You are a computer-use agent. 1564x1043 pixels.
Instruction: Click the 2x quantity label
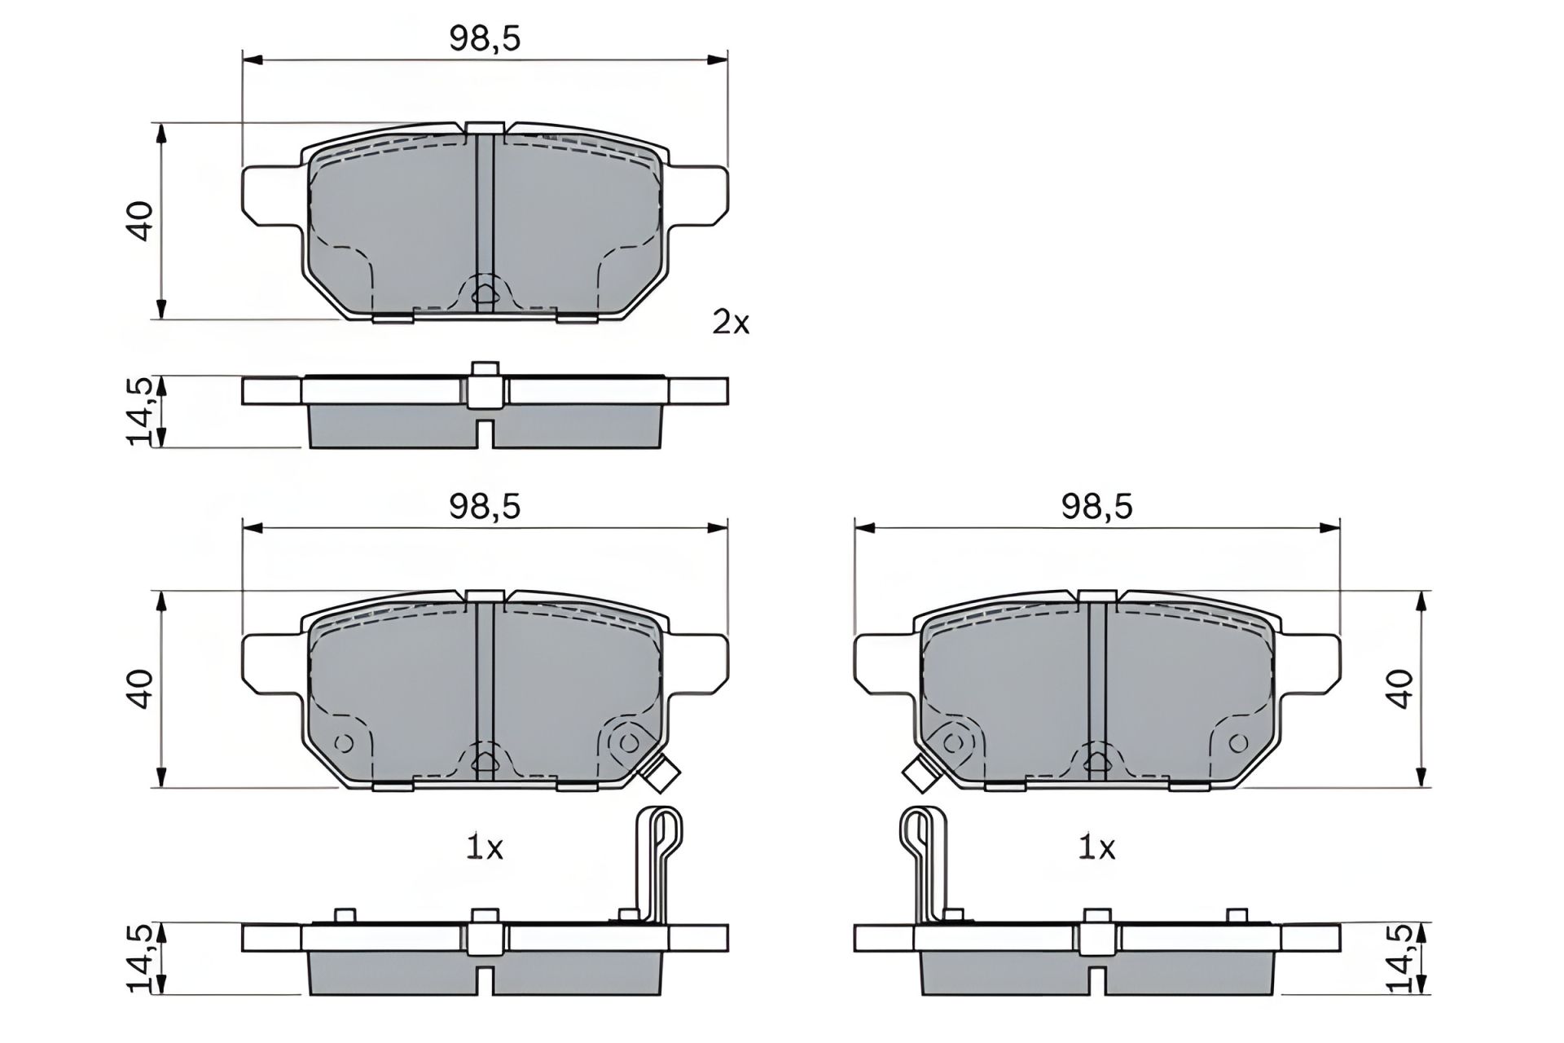[730, 323]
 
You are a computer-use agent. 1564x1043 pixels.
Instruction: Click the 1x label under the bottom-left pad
[484, 848]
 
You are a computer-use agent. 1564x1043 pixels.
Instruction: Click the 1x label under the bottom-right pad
[1096, 848]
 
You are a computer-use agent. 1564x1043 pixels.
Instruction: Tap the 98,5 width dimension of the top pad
[484, 39]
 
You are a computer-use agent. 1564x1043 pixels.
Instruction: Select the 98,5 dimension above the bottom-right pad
[1096, 507]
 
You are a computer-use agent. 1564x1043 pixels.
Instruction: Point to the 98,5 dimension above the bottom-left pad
[484, 507]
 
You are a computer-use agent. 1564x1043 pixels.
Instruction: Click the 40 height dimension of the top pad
[141, 220]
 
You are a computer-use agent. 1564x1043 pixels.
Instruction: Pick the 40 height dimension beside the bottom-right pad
[1399, 689]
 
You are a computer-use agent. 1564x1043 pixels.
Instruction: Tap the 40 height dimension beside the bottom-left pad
[141, 689]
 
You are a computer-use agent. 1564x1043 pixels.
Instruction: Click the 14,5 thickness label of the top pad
[140, 411]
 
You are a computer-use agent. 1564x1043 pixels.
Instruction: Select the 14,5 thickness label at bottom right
[1399, 958]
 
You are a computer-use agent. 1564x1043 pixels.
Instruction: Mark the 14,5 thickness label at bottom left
[140, 958]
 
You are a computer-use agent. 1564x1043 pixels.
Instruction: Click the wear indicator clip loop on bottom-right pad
[920, 839]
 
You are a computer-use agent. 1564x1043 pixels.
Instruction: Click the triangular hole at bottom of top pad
[484, 296]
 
